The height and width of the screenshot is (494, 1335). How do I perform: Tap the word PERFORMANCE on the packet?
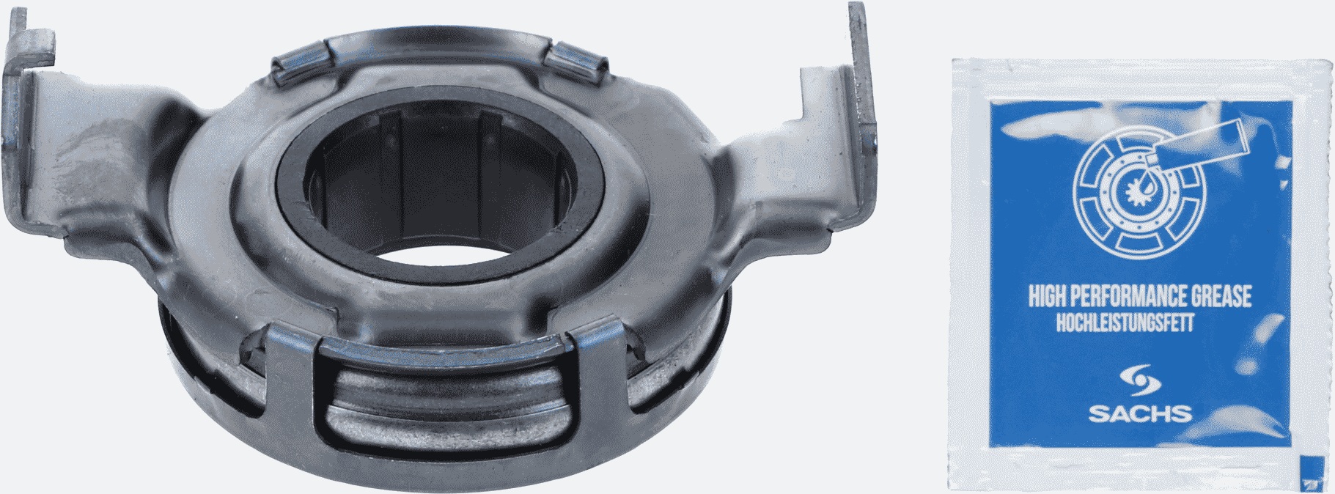coord(1127,298)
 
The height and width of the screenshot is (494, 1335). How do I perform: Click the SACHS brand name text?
coord(1134,414)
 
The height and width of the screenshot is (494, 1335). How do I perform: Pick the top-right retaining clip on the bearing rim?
coord(578,60)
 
